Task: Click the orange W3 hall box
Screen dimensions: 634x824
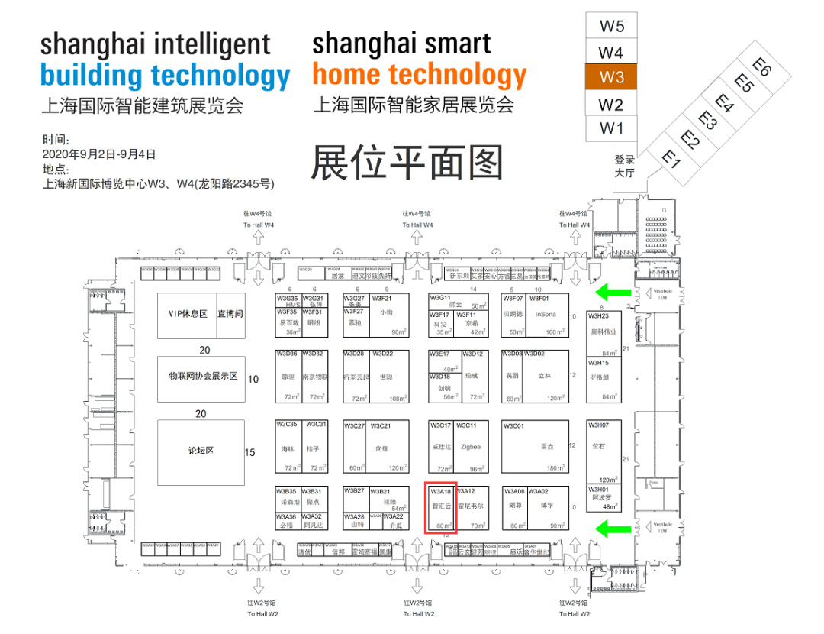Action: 611,77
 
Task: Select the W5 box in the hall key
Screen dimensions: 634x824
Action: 611,26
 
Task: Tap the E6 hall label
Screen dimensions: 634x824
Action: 761,66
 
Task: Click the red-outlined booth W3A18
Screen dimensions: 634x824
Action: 441,506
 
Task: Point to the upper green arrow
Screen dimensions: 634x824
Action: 612,291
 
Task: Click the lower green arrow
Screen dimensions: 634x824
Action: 612,527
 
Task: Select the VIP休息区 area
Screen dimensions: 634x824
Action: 188,315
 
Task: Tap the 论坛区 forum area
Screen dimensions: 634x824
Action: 201,451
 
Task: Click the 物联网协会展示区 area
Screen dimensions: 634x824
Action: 201,378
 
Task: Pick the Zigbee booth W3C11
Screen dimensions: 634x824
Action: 471,447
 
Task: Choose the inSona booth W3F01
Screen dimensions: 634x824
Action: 546,315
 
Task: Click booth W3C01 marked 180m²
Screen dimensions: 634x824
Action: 535,447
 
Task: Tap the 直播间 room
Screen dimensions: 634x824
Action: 230,315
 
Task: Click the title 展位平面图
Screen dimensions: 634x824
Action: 407,162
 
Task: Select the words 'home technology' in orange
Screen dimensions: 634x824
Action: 419,75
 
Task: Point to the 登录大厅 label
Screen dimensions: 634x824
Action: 624,166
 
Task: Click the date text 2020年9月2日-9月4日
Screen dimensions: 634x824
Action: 99,154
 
